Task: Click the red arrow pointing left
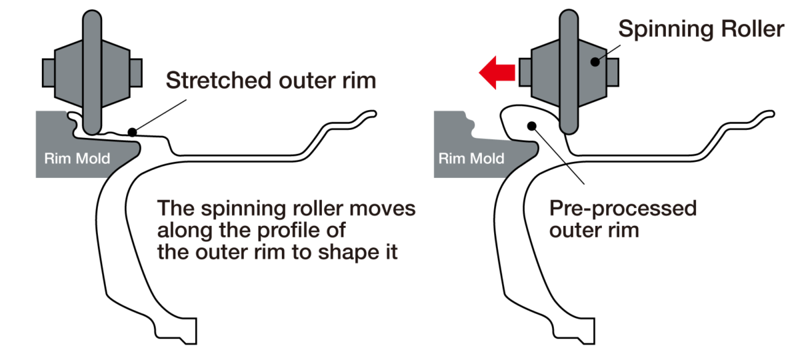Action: (x=497, y=73)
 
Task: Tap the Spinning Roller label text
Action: (x=701, y=29)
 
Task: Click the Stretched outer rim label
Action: (x=271, y=80)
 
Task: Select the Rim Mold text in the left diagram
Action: (x=77, y=158)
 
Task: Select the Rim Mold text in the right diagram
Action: (x=471, y=158)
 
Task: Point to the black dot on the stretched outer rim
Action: (x=132, y=132)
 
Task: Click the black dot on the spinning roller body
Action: (x=595, y=62)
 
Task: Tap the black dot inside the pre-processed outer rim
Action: (x=532, y=126)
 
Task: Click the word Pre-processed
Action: (x=623, y=208)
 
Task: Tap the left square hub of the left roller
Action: (x=48, y=73)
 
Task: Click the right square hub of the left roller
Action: (x=136, y=73)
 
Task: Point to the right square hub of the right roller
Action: (x=613, y=73)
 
